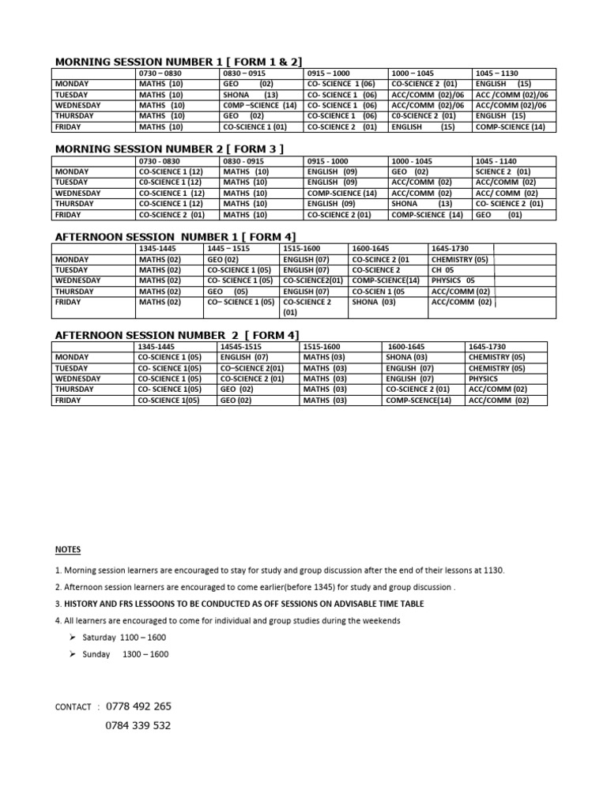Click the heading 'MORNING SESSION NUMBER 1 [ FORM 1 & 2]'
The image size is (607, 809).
[x=178, y=62]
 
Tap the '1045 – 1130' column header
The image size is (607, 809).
[x=496, y=73]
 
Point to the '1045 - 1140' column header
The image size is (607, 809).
[x=496, y=161]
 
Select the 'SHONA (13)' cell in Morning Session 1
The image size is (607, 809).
[x=250, y=94]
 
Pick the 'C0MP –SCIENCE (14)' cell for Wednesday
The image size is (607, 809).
[x=260, y=105]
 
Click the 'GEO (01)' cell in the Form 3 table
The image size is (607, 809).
[x=498, y=214]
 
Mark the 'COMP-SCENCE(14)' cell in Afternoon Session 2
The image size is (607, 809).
[x=418, y=401]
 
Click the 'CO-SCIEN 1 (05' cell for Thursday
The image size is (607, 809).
[x=378, y=291]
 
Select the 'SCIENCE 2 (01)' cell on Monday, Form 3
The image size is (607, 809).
[x=503, y=171]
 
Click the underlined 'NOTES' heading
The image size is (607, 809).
[x=67, y=549]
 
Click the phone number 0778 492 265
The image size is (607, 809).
[x=138, y=706]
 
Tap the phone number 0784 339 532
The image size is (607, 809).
[x=138, y=726]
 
